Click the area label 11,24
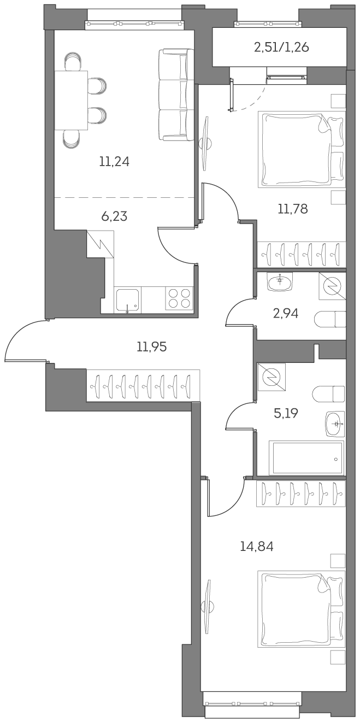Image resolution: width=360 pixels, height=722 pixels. pos(114,161)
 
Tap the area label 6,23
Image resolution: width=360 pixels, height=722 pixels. pos(114,216)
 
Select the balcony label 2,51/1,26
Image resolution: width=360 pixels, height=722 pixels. pos(281,48)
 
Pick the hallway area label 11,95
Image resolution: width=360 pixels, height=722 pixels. pos(151,346)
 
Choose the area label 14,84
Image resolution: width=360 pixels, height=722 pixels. pos(256,545)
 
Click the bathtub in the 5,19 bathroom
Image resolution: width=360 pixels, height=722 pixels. pos(308,458)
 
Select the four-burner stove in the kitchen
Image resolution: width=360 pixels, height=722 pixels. pos(180,298)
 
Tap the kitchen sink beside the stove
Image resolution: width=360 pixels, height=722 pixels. pos(127,300)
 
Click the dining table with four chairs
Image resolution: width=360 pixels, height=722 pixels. pos(71,100)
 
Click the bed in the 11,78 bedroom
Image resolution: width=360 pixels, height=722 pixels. pos(303,149)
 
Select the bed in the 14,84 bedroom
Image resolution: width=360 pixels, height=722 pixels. pos(303,609)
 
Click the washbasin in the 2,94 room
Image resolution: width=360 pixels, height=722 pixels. pos(281,281)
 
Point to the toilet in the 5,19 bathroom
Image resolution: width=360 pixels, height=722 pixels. pos(329,394)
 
